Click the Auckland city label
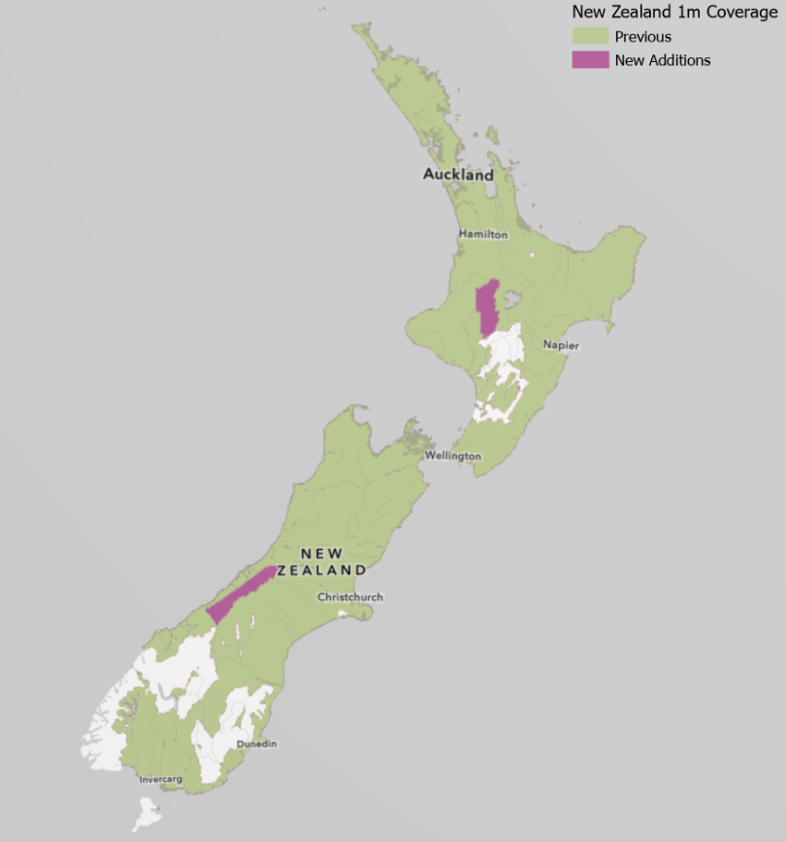(x=458, y=176)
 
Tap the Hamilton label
(x=483, y=235)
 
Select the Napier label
(x=561, y=345)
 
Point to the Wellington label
(x=452, y=456)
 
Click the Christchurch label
(x=350, y=598)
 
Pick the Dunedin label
(x=257, y=744)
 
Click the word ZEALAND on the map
(x=321, y=570)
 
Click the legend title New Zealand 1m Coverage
(x=674, y=13)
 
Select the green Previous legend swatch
(x=590, y=37)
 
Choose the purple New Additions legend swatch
(x=590, y=60)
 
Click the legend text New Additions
(x=663, y=60)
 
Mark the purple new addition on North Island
(x=487, y=308)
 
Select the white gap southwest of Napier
(x=502, y=378)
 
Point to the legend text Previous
(x=642, y=37)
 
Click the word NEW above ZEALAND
(x=321, y=553)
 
